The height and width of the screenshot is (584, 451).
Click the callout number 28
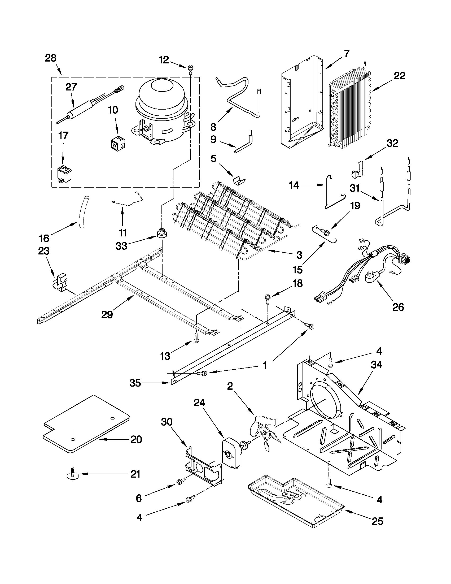51,58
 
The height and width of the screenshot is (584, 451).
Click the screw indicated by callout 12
190,69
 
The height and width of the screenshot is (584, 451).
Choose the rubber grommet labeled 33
162,233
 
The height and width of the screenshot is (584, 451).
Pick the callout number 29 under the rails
107,314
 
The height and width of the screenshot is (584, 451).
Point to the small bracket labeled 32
357,169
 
